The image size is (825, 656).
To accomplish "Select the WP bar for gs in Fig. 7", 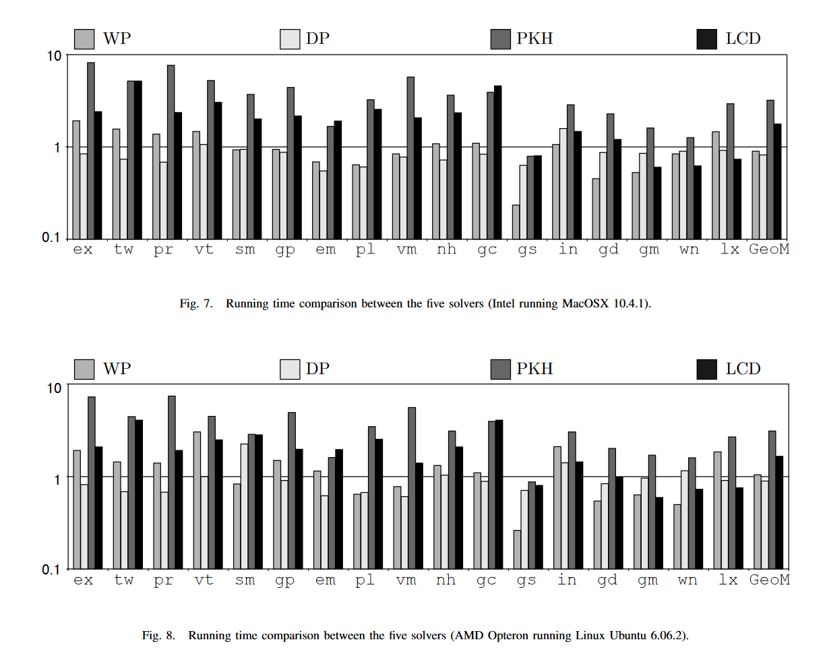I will pos(516,221).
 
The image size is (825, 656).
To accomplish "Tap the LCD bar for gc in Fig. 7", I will pos(497,162).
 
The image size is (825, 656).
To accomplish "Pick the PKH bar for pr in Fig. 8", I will pos(171,482).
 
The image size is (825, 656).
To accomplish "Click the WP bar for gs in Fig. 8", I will pos(517,549).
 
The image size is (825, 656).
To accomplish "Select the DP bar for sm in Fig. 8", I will pos(243,506).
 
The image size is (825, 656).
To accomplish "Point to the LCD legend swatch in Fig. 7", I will pos(706,38).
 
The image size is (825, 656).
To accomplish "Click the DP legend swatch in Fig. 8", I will pos(290,369).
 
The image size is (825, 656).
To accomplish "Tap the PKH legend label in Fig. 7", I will pos(534,38).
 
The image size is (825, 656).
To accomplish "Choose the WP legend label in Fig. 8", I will pos(117,369).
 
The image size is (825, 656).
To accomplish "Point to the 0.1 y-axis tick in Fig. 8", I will pos(51,569).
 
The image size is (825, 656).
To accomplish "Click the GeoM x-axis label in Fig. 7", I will pos(769,249).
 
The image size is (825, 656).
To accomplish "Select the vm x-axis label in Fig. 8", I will pos(406,580).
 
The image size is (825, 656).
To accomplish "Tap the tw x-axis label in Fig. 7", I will pos(123,249).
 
